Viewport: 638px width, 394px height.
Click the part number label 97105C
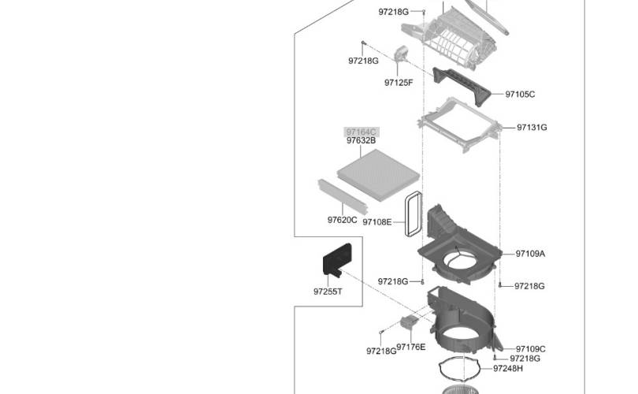pyautogui.click(x=520, y=95)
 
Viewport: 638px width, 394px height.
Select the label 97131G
pyautogui.click(x=532, y=128)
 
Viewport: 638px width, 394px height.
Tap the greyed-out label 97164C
pyautogui.click(x=362, y=132)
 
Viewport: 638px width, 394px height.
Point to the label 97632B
pyautogui.click(x=362, y=140)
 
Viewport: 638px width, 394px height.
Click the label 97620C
pyautogui.click(x=342, y=220)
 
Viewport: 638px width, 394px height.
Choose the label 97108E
pyautogui.click(x=377, y=222)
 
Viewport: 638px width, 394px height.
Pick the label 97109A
pyautogui.click(x=530, y=254)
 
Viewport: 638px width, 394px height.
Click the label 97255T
pyautogui.click(x=328, y=292)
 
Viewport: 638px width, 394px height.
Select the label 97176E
pyautogui.click(x=411, y=348)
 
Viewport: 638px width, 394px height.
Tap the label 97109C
pyautogui.click(x=531, y=349)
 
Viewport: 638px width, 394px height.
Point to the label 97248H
pyautogui.click(x=508, y=369)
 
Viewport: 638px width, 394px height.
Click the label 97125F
pyautogui.click(x=399, y=83)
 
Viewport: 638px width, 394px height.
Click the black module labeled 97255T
pyautogui.click(x=337, y=259)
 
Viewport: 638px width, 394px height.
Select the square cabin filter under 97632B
pyautogui.click(x=378, y=175)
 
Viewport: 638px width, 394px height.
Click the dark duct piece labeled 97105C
pyautogui.click(x=462, y=85)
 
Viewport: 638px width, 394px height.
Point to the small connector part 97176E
pyautogui.click(x=409, y=322)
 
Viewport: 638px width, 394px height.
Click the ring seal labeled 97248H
pyautogui.click(x=440, y=367)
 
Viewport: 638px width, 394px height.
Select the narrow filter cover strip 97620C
pyautogui.click(x=343, y=196)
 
